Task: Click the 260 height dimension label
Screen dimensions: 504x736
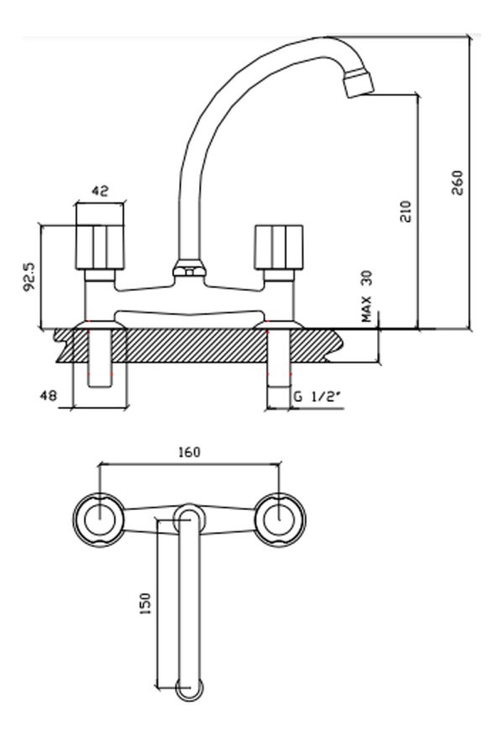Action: click(457, 183)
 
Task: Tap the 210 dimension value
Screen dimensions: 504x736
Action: click(405, 211)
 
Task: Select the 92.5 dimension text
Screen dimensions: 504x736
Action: click(29, 277)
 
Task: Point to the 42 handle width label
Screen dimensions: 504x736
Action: click(99, 191)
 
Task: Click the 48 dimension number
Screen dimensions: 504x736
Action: click(49, 396)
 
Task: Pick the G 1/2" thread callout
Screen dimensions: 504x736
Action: click(317, 397)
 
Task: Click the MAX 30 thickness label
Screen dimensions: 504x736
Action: click(366, 297)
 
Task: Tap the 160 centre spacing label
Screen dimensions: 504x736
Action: click(189, 452)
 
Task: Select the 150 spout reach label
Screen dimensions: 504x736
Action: click(146, 604)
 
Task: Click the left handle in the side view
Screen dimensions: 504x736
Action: click(100, 247)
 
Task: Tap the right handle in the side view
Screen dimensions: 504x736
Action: click(278, 247)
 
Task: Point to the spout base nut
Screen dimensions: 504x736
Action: click(189, 269)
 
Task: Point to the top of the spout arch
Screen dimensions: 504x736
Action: click(323, 38)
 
